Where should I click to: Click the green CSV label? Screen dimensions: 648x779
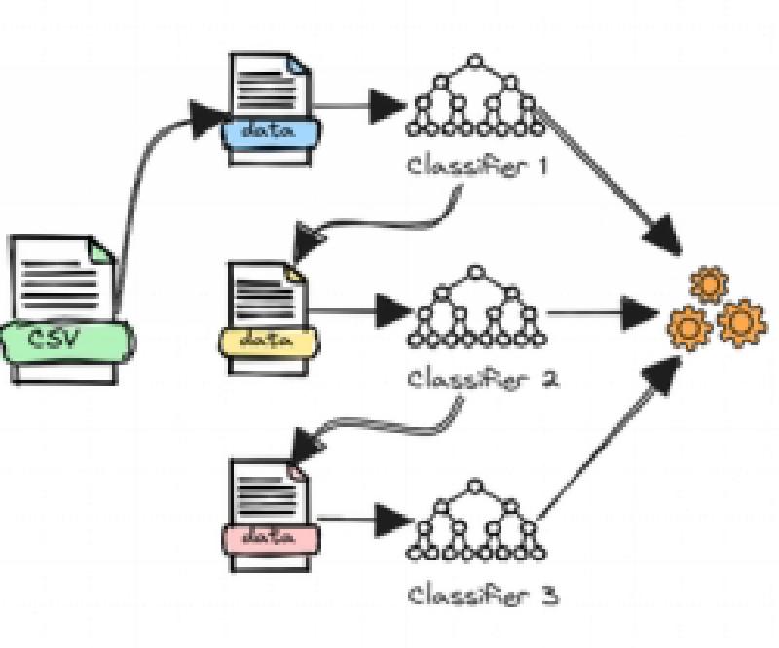tap(66, 341)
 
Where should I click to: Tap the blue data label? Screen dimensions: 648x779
tap(269, 131)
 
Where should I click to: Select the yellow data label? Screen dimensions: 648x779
tap(267, 341)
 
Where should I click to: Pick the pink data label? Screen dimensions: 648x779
tap(269, 536)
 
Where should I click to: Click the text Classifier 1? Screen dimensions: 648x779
tap(477, 165)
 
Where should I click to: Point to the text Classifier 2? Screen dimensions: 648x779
tap(482, 378)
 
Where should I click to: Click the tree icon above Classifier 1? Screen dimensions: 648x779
tap(476, 97)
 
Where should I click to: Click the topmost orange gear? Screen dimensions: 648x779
tap(708, 284)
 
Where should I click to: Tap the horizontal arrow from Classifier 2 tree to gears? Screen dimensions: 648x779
tap(604, 313)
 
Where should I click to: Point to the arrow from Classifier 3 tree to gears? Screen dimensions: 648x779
tap(609, 438)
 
